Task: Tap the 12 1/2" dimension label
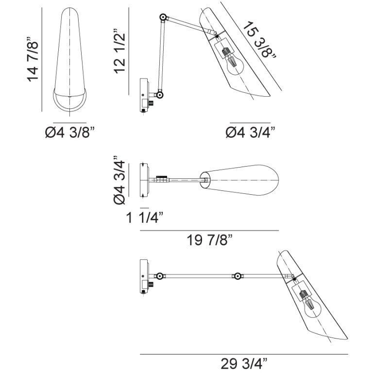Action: coord(119,51)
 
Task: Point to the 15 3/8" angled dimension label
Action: coord(259,40)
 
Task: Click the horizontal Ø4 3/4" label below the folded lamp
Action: coord(250,132)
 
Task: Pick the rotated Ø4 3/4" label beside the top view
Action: coord(119,180)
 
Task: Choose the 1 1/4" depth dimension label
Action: coord(145,218)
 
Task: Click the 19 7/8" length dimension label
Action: coord(209,240)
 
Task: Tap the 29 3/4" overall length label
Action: coord(244,363)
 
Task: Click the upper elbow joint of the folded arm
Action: coord(163,17)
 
